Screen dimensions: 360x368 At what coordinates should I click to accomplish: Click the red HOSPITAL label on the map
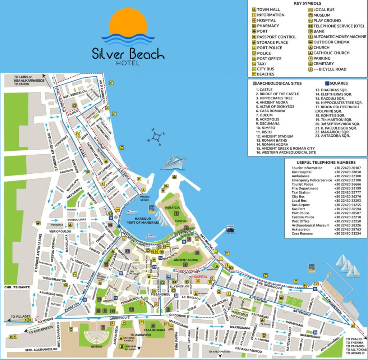pyautogui.click(x=201, y=277)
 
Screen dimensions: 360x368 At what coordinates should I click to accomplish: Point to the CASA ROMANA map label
pyautogui.click(x=154, y=330)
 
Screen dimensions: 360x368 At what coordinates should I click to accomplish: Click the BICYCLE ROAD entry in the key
pyautogui.click(x=330, y=69)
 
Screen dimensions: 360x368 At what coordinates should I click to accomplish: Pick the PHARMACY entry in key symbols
pyautogui.click(x=268, y=26)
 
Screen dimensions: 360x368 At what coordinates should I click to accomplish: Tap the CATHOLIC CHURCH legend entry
pyautogui.click(x=331, y=53)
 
